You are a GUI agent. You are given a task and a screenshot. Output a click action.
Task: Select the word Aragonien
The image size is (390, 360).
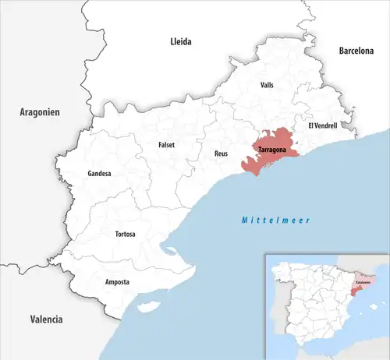point(39,113)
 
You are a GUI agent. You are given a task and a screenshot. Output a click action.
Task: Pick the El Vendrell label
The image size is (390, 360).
point(324,125)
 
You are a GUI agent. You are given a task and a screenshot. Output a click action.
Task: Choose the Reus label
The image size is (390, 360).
point(221,154)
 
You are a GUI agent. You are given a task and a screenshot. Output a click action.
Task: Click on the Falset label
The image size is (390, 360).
point(166,144)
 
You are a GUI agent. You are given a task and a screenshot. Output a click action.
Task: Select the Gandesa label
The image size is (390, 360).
point(100,173)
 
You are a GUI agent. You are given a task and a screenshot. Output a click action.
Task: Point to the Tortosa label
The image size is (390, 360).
point(126,234)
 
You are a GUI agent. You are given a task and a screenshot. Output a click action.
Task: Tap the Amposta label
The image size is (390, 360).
point(118,281)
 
